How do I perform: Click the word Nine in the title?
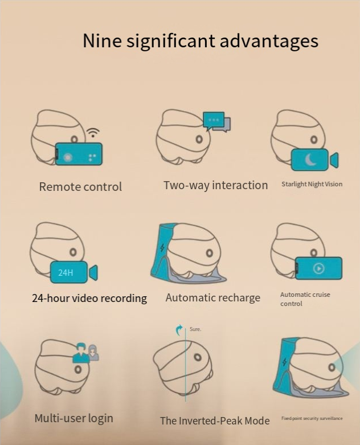coord(102,40)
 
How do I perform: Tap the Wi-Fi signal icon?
coord(93,132)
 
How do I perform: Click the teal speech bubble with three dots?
coord(214,120)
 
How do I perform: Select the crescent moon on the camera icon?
coord(310,160)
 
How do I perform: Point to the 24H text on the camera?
coord(66,273)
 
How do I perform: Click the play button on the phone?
coord(318,268)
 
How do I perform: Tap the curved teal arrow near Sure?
coord(179,330)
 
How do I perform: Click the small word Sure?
coord(195,329)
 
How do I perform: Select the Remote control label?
coord(80,187)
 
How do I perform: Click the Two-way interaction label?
coord(216,185)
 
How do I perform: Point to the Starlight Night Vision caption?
coord(312,184)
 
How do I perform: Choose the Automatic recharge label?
coord(213,297)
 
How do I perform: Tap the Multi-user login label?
coord(73,418)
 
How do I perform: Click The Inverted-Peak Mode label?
coord(215,420)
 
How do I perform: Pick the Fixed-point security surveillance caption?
coord(312,418)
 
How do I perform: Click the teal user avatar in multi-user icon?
coord(81,353)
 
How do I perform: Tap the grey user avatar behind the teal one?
coord(93,353)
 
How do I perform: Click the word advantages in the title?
coord(269,41)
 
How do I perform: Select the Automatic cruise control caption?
coord(305,299)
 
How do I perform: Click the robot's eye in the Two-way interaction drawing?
coord(199,140)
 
